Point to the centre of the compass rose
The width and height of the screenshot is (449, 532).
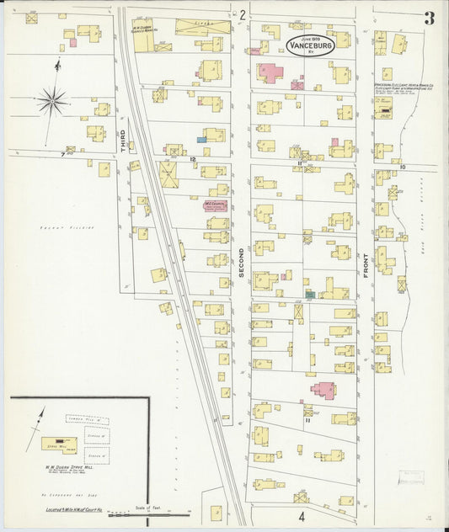54,101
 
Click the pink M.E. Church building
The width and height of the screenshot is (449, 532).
213,205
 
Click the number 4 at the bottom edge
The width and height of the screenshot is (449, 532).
300,514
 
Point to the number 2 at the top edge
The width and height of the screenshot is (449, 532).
242,14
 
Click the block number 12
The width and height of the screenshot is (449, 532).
193,158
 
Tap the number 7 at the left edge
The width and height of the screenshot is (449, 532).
62,155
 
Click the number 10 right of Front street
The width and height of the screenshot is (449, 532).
403,168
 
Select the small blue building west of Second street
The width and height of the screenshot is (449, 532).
201,140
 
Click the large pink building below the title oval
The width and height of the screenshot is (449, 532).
270,72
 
